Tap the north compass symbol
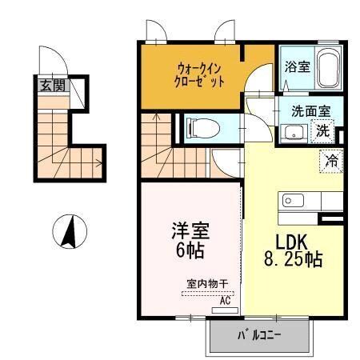[69, 232]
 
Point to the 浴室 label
[298, 67]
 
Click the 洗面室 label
[308, 113]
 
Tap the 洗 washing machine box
[325, 131]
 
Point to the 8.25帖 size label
[293, 260]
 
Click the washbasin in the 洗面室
[294, 134]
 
